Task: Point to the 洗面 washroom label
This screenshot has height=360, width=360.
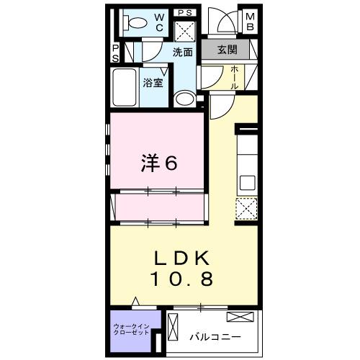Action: [x=183, y=53]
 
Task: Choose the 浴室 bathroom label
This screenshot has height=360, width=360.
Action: [x=153, y=82]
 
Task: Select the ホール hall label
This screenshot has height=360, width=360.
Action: [x=235, y=75]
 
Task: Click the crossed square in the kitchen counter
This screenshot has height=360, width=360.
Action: [x=246, y=209]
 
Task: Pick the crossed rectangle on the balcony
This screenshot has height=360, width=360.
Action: [x=239, y=317]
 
